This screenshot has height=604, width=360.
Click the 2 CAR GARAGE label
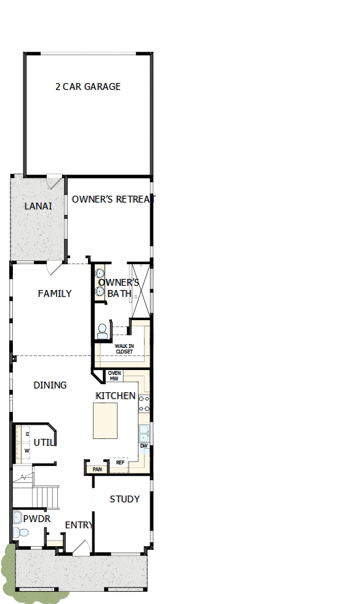click(88, 87)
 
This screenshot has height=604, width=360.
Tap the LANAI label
click(38, 206)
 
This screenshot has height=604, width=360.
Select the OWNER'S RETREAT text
click(111, 199)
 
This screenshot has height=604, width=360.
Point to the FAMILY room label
click(55, 294)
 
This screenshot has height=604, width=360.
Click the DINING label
click(50, 385)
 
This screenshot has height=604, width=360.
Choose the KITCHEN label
click(116, 395)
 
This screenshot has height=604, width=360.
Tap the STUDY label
click(124, 499)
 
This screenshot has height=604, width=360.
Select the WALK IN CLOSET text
click(128, 349)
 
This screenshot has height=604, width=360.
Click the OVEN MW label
click(114, 376)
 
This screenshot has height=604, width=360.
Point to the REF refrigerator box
click(120, 462)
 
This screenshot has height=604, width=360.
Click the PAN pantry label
click(97, 469)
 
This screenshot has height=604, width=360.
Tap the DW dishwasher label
click(143, 446)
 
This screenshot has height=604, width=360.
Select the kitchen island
click(105, 421)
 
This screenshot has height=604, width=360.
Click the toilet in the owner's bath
click(102, 331)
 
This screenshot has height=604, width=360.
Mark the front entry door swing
click(80, 548)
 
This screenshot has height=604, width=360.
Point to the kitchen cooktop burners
click(144, 403)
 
